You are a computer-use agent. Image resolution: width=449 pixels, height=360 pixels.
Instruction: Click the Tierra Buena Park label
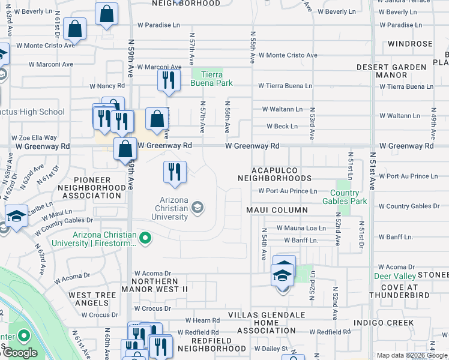coord(211,79)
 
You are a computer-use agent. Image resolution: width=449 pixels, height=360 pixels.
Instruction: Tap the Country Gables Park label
coord(344,197)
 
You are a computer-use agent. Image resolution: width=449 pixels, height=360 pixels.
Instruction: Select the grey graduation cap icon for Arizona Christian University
coord(197,208)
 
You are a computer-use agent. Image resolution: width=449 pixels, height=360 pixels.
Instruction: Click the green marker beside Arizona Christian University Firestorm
coord(145,239)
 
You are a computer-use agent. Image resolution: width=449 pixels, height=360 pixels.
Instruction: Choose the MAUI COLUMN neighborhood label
coord(276,210)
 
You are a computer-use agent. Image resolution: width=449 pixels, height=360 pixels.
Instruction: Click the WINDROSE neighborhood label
coord(410,44)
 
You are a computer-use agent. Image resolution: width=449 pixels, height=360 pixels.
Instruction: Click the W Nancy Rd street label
coord(106,86)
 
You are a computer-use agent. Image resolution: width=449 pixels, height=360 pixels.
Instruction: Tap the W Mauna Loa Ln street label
coord(301,228)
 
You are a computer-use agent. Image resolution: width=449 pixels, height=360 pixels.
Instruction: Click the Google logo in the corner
coord(19,353)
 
